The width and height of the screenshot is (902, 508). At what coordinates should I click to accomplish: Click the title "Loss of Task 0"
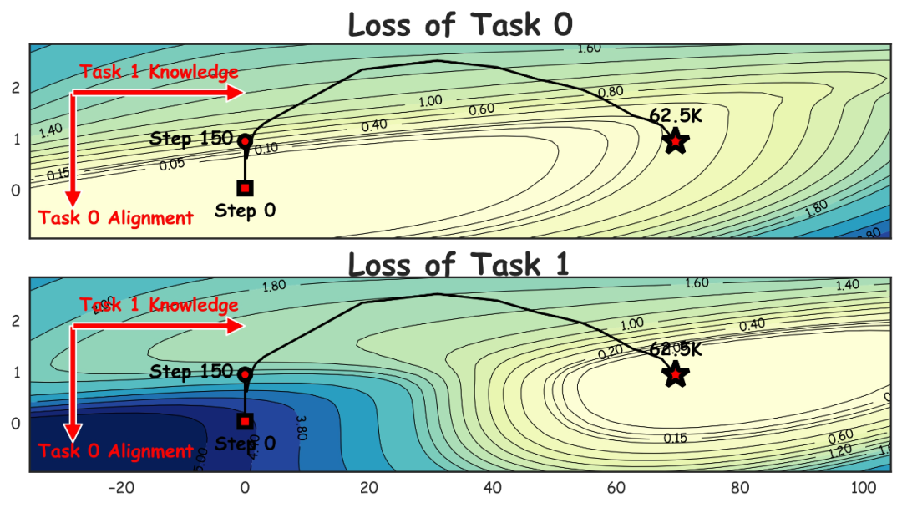(460, 24)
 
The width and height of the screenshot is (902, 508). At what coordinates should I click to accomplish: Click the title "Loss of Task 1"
(459, 264)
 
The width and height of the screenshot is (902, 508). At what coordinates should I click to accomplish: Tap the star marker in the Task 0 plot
(676, 141)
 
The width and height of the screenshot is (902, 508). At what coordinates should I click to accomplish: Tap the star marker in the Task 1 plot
(676, 375)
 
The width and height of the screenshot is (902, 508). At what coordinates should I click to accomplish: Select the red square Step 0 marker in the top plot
(245, 188)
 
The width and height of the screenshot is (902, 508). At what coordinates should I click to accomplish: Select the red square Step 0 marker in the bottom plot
(245, 421)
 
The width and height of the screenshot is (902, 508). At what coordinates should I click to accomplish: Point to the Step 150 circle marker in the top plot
(245, 141)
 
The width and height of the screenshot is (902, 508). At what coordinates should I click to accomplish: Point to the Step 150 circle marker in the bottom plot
(245, 374)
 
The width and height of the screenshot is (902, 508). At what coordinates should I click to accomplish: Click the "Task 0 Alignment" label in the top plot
(116, 218)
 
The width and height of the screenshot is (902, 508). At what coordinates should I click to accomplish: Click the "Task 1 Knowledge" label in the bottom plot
(159, 305)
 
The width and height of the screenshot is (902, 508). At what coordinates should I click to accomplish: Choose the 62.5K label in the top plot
(676, 116)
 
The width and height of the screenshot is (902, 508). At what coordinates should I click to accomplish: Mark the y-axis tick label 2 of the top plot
(14, 89)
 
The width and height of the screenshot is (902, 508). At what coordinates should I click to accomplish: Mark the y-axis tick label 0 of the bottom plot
(14, 424)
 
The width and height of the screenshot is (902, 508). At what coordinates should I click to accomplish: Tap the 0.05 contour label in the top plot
(172, 165)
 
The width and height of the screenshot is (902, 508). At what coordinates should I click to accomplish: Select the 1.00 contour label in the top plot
(430, 101)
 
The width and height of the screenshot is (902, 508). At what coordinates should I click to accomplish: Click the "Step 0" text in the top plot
(245, 211)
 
